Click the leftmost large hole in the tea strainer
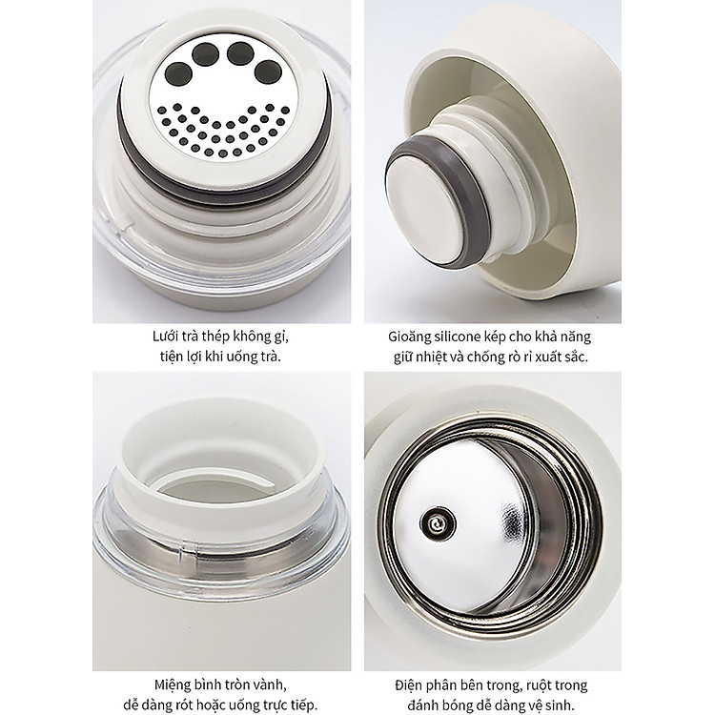coord(178,74)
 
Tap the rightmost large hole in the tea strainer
coord(268,72)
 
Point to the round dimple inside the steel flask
coord(438,523)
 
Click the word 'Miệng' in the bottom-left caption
coord(174,685)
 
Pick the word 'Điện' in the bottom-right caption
coord(409,685)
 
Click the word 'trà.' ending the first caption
coord(270,357)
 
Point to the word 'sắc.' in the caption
coord(576,357)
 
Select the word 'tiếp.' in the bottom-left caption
coord(303,705)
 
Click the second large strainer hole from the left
coord(205,54)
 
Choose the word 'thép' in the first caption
coord(214,337)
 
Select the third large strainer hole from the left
coord(240,53)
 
